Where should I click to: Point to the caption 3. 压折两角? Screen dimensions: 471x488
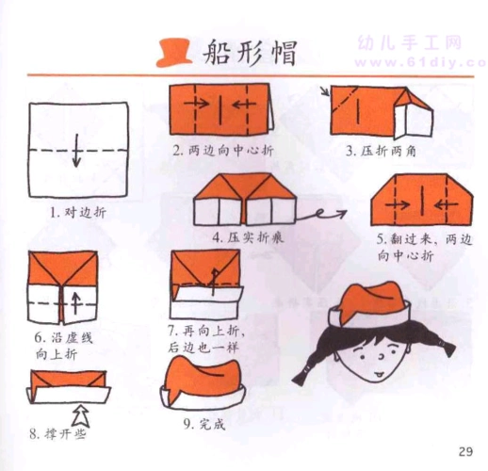pyautogui.click(x=378, y=149)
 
